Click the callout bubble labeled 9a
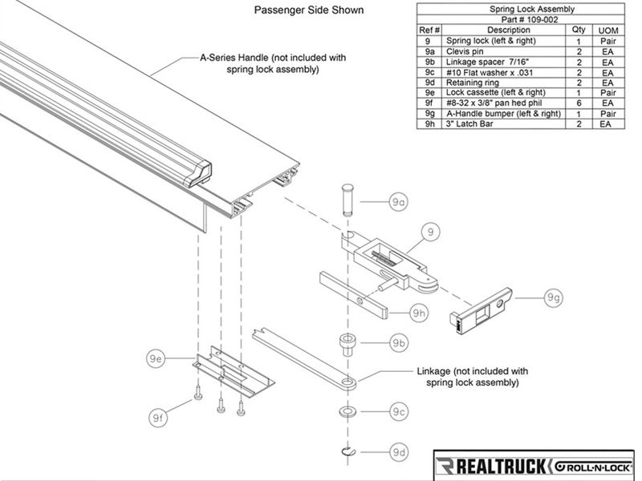point(398,203)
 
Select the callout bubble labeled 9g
point(554,298)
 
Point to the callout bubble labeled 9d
point(399,451)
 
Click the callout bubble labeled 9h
point(417,313)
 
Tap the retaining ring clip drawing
point(351,451)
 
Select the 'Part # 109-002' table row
point(526,19)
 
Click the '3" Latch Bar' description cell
point(497,124)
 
